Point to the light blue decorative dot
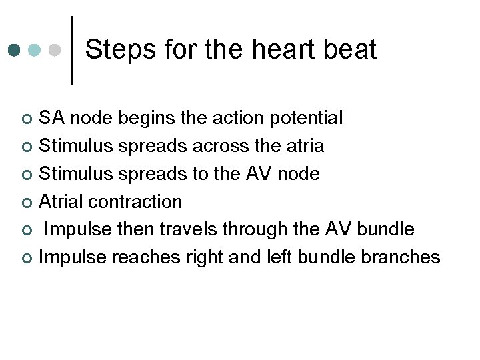click(35, 51)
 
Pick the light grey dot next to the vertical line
click(55, 51)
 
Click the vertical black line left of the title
click(72, 50)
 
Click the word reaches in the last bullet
click(142, 257)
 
